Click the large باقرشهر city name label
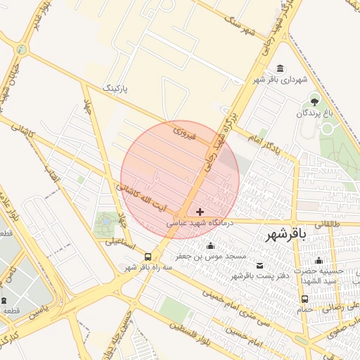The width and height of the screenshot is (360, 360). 288,236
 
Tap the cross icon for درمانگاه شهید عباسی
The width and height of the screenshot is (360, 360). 200,211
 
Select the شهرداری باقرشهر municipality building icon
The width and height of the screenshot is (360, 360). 281,68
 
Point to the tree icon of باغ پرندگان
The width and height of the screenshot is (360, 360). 314,97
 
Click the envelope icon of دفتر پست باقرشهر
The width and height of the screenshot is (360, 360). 261,265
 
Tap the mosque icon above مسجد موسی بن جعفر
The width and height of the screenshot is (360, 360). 210,245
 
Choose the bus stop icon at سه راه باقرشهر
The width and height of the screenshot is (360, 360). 148,257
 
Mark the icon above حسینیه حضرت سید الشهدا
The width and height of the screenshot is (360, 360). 319,261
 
